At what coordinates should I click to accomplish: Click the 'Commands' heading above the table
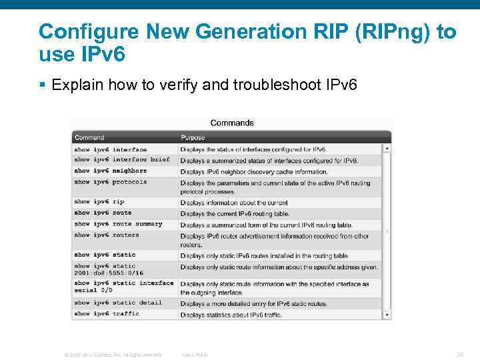[232, 123]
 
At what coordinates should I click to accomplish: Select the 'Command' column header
[89, 137]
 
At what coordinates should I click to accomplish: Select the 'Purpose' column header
[193, 137]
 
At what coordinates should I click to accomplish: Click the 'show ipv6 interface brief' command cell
[122, 160]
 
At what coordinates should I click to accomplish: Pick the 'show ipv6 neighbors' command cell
[110, 171]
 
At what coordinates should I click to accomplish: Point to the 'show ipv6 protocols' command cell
[110, 182]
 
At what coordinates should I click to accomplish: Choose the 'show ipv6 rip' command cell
[99, 201]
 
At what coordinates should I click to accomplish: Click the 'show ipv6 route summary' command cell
[118, 224]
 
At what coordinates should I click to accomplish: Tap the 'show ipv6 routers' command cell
[107, 235]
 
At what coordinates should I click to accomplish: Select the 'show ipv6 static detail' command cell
[118, 303]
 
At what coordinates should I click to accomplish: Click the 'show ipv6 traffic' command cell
[107, 313]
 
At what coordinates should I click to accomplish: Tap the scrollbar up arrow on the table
[387, 149]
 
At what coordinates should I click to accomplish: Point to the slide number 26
[459, 354]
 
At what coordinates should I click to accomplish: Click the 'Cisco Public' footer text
[195, 355]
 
